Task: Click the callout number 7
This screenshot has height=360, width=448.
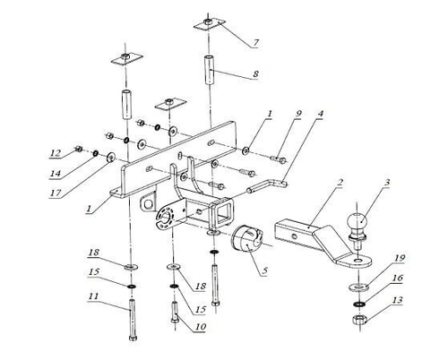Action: [x=255, y=42]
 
